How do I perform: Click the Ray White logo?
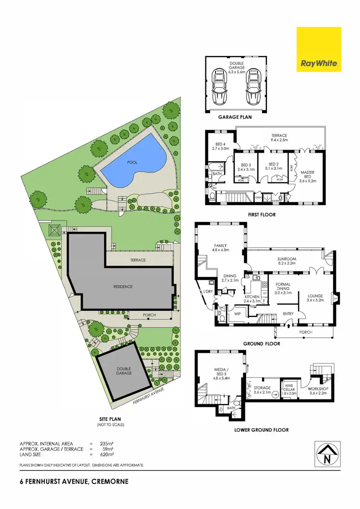319,49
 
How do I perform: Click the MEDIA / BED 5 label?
221,372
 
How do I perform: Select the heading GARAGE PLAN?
235,116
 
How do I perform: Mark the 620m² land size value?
106,454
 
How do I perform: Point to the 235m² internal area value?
106,443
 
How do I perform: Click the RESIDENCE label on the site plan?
123,287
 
